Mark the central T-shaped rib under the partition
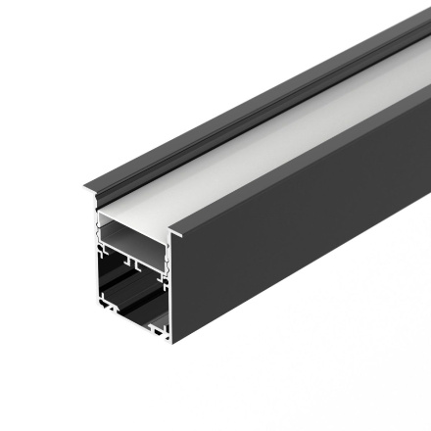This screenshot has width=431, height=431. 133,266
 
